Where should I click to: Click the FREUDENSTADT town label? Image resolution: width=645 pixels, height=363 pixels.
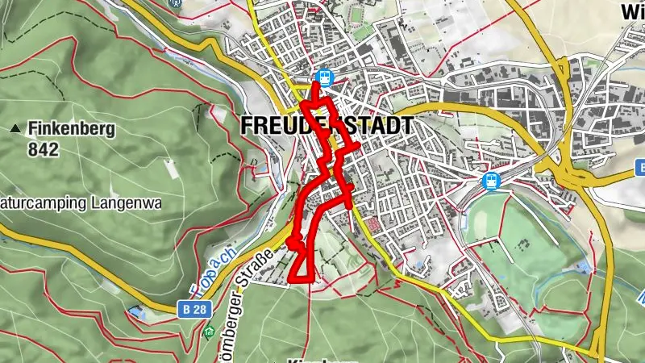point(327,127)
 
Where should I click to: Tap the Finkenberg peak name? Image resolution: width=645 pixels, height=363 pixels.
point(72,128)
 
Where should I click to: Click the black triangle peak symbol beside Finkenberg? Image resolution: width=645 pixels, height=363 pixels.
point(15,128)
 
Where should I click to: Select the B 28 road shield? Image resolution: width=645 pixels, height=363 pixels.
point(188,307)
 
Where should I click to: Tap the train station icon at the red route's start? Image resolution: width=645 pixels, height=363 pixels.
point(324,77)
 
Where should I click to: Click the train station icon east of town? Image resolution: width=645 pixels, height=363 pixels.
point(489,181)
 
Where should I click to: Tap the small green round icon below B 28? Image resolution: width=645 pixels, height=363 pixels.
point(210,331)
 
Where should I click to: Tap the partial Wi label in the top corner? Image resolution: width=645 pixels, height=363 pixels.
point(631,11)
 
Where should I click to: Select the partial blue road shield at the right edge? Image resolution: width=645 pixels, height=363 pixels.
point(641,168)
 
